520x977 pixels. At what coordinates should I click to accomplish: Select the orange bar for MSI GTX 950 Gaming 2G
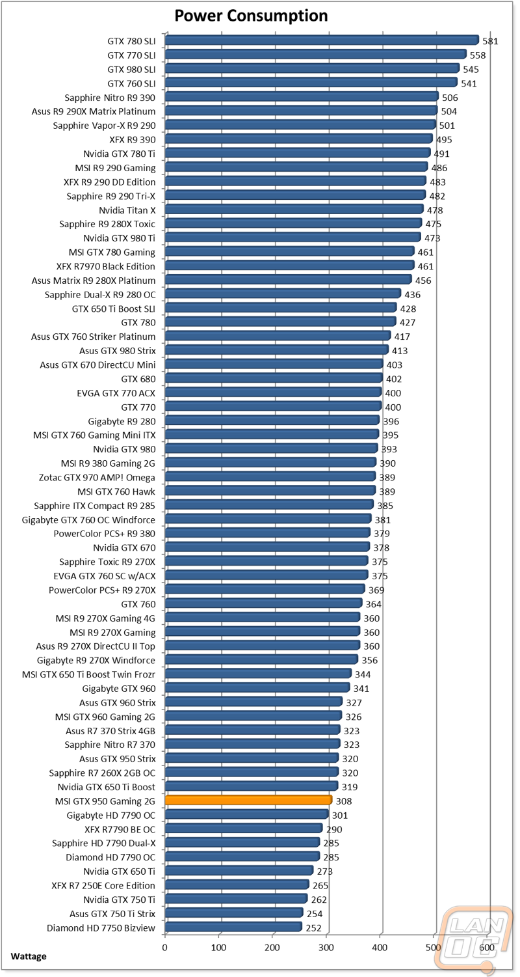pyautogui.click(x=248, y=800)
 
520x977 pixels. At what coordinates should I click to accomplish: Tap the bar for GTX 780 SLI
pyautogui.click(x=322, y=40)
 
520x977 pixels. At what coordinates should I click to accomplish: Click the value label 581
pyautogui.click(x=490, y=41)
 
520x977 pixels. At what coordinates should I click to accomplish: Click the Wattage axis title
pyautogui.click(x=29, y=956)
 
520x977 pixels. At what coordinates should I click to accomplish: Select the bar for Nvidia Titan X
pyautogui.click(x=294, y=210)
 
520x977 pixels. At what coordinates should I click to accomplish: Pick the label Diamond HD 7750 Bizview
pyautogui.click(x=101, y=928)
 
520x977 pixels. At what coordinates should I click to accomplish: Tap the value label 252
pyautogui.click(x=313, y=928)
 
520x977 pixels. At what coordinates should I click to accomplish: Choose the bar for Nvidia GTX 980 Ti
pyautogui.click(x=292, y=238)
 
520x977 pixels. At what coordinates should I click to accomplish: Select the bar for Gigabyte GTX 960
pyautogui.click(x=257, y=687)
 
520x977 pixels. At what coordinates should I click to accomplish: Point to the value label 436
pyautogui.click(x=412, y=294)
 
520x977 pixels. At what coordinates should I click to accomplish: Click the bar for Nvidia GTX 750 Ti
pyautogui.click(x=236, y=899)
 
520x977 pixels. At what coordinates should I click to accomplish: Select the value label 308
pyautogui.click(x=344, y=801)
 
